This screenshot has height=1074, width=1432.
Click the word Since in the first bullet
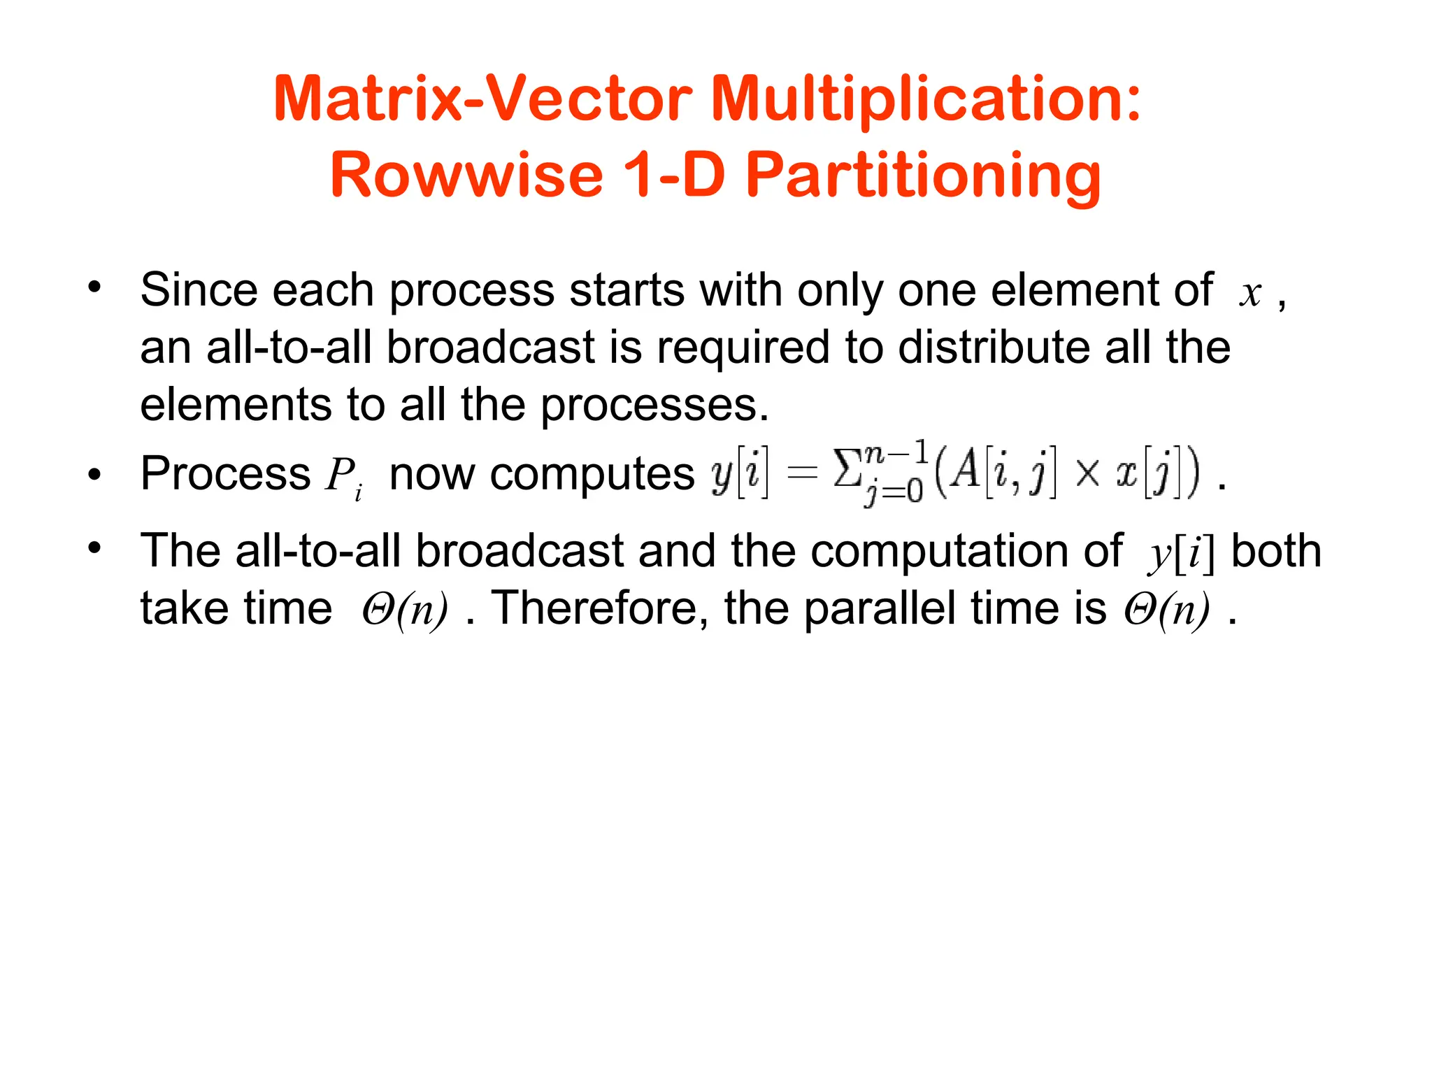click(x=198, y=289)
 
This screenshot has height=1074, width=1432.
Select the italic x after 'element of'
click(x=1250, y=294)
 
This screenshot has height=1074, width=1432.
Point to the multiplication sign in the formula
click(x=1087, y=474)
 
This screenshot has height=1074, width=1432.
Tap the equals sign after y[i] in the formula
click(x=801, y=473)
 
